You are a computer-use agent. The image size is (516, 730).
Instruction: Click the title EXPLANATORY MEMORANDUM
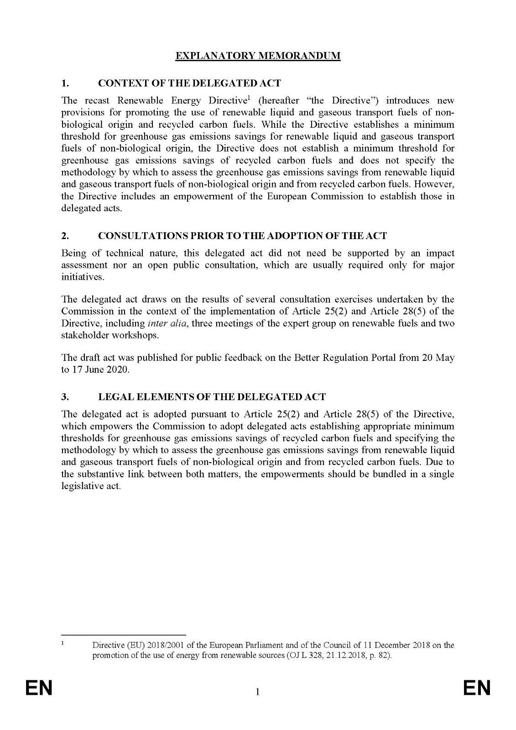click(258, 56)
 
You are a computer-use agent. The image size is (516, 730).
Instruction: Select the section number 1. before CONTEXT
click(65, 83)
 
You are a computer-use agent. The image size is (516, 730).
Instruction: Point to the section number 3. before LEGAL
click(65, 396)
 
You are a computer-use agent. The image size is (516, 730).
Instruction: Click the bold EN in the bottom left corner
click(39, 688)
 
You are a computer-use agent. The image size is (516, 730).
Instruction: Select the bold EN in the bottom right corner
click(477, 688)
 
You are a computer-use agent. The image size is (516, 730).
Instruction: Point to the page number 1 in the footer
click(258, 693)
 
